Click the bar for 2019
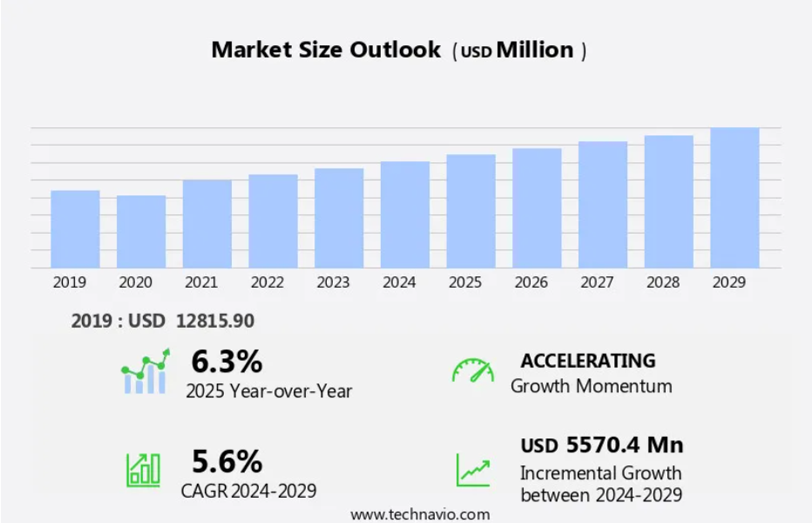click(x=75, y=229)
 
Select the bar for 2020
click(x=141, y=232)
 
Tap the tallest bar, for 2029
click(x=734, y=198)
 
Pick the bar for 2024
click(x=405, y=214)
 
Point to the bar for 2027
click(x=603, y=205)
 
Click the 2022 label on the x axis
click(x=267, y=282)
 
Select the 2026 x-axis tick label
click(x=531, y=282)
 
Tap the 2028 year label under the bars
click(x=663, y=282)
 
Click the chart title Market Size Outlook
click(x=326, y=50)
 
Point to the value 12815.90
click(x=215, y=321)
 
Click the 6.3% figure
click(x=227, y=361)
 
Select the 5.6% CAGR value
click(x=227, y=461)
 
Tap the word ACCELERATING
click(x=588, y=361)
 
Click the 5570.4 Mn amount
click(x=625, y=445)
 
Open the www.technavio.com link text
click(x=420, y=514)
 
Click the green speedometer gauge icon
click(x=473, y=370)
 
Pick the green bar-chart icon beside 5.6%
click(x=144, y=470)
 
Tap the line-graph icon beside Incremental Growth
click(x=473, y=470)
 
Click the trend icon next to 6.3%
click(x=145, y=371)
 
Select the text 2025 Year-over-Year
click(x=268, y=391)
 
